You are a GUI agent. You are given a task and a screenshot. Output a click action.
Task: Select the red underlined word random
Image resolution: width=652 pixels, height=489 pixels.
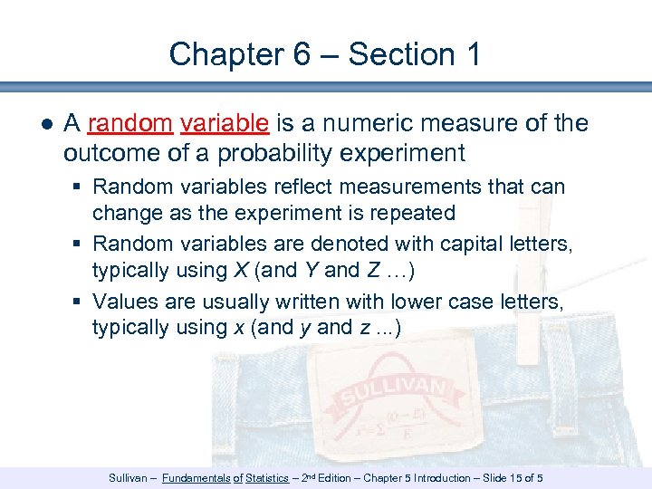click(130, 123)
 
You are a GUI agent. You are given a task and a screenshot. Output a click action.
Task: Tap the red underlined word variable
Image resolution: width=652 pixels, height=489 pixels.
click(224, 123)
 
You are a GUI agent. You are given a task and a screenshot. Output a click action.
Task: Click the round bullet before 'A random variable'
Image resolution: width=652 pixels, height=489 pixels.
click(46, 124)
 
